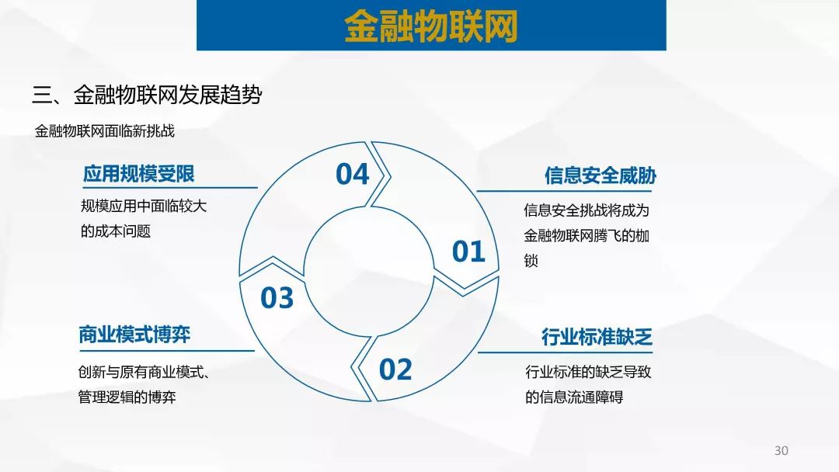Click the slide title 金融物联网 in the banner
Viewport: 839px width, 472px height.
(430, 26)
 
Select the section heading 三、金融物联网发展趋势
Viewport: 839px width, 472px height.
(147, 95)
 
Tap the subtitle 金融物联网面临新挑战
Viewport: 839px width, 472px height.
(105, 131)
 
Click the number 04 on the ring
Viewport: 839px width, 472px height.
(352, 174)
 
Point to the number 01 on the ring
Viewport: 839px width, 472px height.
(468, 252)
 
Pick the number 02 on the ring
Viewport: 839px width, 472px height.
(395, 370)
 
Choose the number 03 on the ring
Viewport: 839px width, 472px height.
(277, 298)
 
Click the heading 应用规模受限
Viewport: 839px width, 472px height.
(138, 174)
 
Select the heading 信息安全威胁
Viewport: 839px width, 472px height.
(601, 175)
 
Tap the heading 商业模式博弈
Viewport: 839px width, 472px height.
(135, 335)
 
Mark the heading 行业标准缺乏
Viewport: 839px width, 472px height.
(597, 337)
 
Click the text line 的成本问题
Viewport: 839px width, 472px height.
(116, 231)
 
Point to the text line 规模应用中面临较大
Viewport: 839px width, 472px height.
(144, 206)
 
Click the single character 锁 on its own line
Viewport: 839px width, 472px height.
(531, 261)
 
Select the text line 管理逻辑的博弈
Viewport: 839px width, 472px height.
(127, 397)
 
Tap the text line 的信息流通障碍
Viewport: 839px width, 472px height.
(574, 397)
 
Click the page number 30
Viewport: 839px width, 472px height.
(782, 450)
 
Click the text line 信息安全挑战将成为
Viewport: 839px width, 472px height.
(587, 210)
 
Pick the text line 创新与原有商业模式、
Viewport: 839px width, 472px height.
(144, 372)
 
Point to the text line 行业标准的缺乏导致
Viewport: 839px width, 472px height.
(588, 372)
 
